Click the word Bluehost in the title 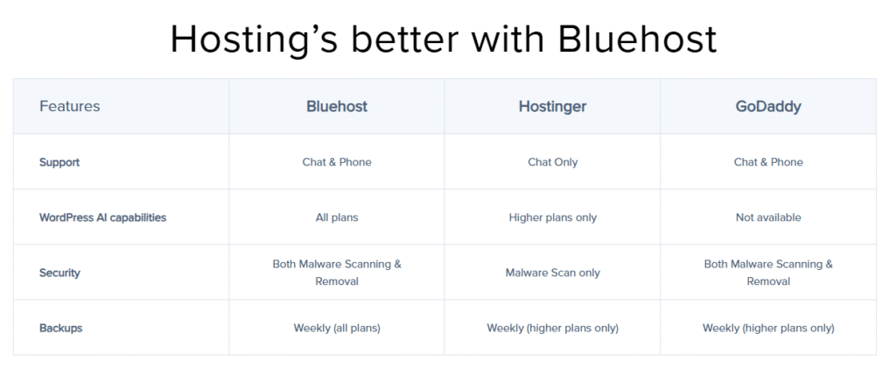tap(637, 39)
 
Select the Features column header tap(70, 106)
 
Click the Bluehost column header tap(337, 106)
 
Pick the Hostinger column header tap(553, 107)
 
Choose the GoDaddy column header tap(768, 107)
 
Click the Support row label tap(59, 162)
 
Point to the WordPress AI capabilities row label tap(103, 217)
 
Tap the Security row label tap(59, 273)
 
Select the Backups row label tap(60, 329)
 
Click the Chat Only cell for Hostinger tap(553, 162)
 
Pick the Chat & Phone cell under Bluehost tap(337, 162)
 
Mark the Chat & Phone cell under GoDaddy tap(768, 162)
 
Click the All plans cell tap(337, 217)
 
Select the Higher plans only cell tap(553, 217)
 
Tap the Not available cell tap(768, 217)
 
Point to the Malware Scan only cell tap(553, 273)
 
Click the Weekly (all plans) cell tap(337, 329)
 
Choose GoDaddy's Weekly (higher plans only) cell tap(768, 329)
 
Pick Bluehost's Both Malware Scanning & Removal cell tap(337, 273)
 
